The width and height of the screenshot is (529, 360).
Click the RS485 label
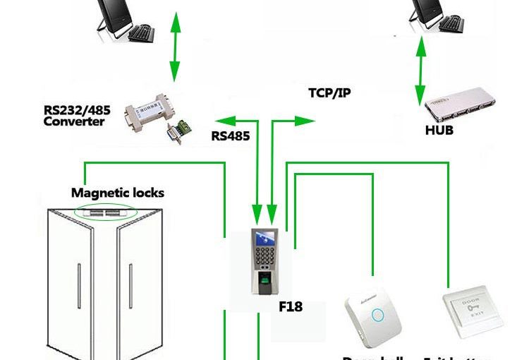[231, 136]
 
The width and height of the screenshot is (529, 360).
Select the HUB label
[439, 130]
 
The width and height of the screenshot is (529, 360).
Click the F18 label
[291, 306]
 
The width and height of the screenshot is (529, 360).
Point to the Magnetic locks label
[117, 193]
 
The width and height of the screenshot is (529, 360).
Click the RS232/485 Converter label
[74, 115]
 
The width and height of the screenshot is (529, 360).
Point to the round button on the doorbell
[377, 315]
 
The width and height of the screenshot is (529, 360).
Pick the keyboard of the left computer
[141, 32]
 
